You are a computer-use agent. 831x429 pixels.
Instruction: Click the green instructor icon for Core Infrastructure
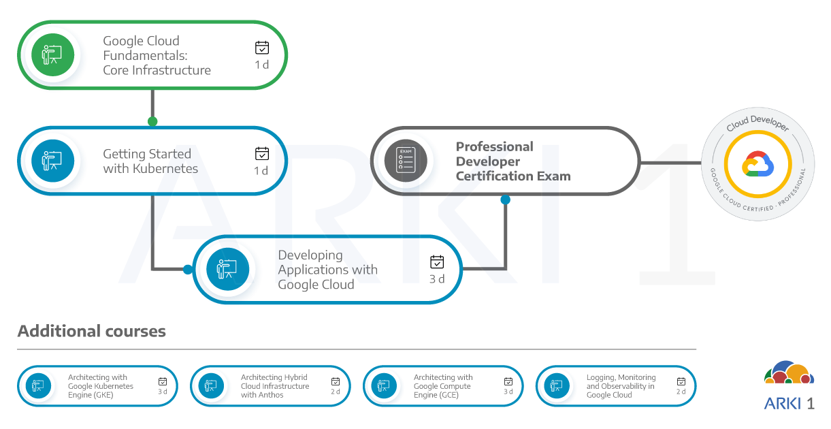(x=52, y=55)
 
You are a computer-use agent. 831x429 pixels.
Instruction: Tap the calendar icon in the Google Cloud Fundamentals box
(x=262, y=48)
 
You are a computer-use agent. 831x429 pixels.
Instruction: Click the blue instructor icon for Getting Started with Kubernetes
(x=52, y=161)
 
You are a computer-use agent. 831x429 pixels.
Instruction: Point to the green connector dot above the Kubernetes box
(x=152, y=122)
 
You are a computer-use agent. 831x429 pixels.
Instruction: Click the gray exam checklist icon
(x=406, y=161)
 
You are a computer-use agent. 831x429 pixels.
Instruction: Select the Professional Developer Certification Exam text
(x=512, y=161)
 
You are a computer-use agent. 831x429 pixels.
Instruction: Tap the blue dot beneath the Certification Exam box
(x=505, y=200)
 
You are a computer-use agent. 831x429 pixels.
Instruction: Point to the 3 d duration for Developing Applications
(x=437, y=279)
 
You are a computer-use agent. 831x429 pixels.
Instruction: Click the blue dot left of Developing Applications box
(x=188, y=270)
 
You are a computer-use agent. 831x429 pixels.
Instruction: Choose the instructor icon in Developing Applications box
(x=227, y=269)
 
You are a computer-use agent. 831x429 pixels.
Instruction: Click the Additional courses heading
(x=92, y=332)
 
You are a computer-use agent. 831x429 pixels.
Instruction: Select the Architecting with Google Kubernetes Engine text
(x=100, y=386)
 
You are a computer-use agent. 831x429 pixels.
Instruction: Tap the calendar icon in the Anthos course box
(x=336, y=382)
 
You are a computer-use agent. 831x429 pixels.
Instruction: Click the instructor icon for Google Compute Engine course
(x=384, y=386)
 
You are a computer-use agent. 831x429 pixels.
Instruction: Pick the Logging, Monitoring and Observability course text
(x=621, y=386)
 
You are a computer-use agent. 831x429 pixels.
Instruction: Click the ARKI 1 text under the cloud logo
(x=789, y=403)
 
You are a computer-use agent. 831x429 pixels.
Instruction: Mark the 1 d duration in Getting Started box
(x=261, y=171)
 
